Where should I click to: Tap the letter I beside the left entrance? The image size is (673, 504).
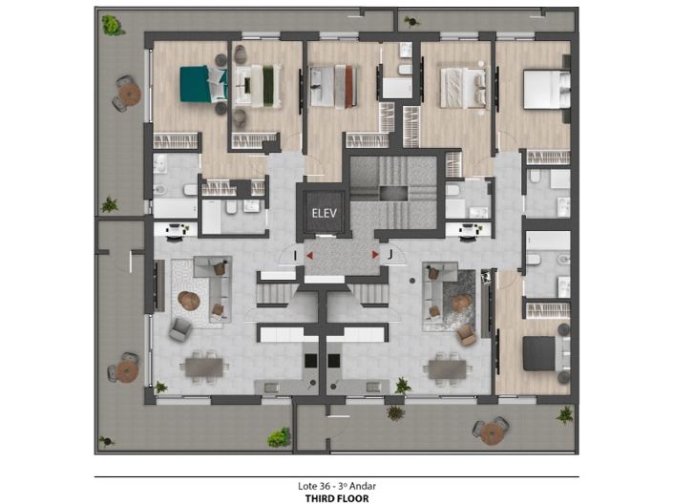297,255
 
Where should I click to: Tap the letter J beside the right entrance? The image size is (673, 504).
390,254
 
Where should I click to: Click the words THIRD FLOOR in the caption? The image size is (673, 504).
336,497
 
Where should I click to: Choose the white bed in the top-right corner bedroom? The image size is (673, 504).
545,90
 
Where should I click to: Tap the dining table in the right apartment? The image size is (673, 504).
447,367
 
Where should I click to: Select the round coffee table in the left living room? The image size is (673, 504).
189,301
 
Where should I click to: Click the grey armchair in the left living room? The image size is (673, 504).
179,329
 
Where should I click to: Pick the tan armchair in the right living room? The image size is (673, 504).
466,334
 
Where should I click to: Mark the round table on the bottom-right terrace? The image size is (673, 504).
493,432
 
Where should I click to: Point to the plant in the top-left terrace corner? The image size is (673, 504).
113,25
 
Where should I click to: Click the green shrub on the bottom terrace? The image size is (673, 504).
279,437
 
